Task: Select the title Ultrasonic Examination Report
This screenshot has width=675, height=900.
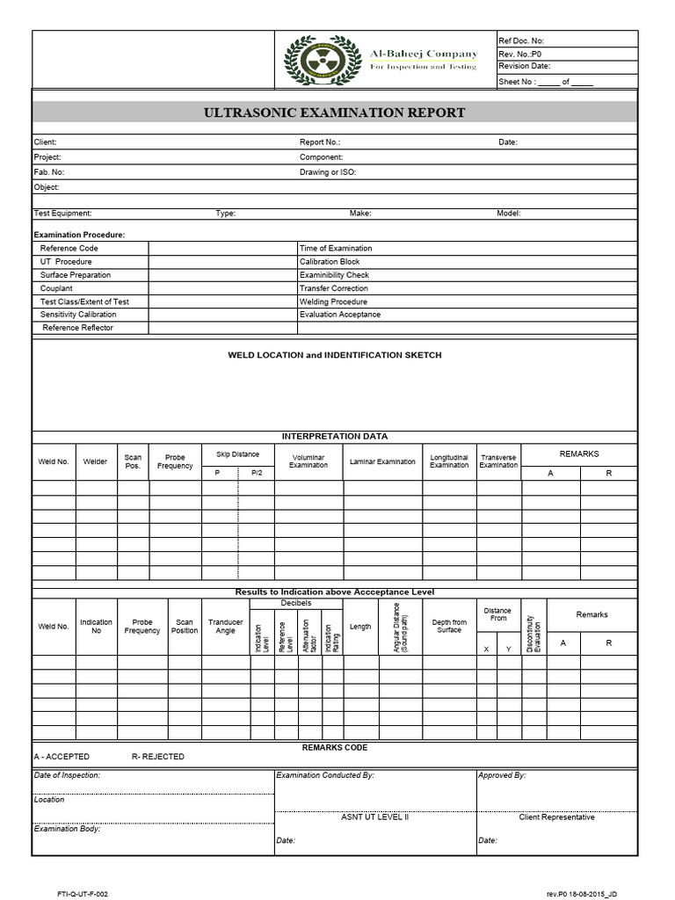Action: coord(334,112)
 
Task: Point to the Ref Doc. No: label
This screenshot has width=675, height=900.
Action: coord(521,40)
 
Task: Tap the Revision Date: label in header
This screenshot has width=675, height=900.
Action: coord(524,66)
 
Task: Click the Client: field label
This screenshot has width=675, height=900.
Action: coord(46,142)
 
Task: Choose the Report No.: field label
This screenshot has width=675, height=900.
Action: coord(319,142)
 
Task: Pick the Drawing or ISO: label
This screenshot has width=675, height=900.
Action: coord(327,172)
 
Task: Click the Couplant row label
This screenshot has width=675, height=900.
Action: coord(56,288)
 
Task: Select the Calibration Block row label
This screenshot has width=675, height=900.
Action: coord(330,262)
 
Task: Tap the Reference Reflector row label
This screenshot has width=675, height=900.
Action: coord(78,328)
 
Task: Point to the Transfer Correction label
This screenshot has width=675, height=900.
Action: coord(334,288)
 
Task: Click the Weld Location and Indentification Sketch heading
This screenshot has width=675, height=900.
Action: coord(334,355)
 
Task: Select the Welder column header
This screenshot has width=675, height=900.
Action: coord(95,461)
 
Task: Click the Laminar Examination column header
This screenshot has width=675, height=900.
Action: coord(382,461)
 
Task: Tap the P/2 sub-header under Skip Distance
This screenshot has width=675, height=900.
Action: coord(257,473)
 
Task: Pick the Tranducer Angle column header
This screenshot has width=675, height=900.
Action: coord(226,627)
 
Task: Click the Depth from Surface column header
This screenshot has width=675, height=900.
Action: coord(449,627)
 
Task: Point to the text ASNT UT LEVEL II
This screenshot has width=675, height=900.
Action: coord(374,817)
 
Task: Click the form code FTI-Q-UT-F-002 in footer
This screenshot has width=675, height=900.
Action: coord(83,893)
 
